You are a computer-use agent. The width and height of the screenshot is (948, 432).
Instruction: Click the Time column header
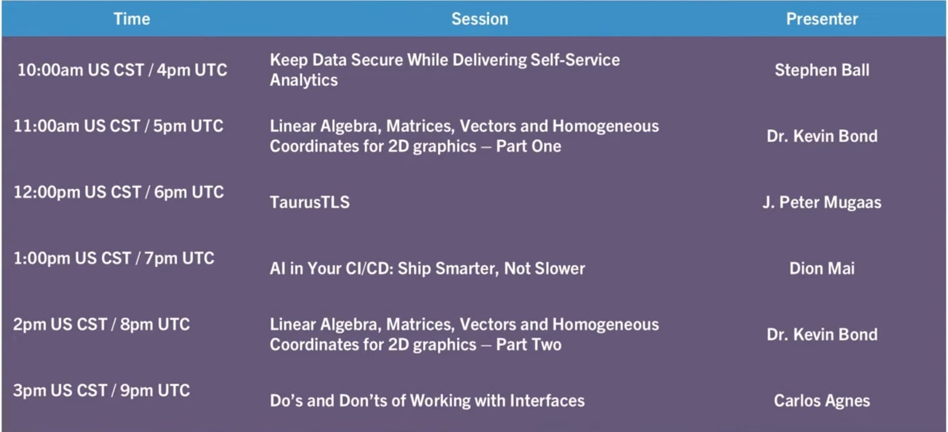point(132,19)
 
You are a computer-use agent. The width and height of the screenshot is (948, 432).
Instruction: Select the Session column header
point(479,19)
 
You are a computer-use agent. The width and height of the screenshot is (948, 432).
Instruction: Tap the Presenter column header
point(822,19)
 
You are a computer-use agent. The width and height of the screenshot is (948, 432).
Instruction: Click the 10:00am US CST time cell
point(122,70)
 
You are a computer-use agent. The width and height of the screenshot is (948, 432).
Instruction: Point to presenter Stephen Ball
point(822,70)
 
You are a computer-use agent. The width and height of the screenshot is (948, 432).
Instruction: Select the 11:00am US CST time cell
point(118,126)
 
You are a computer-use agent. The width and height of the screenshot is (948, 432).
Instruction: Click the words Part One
point(529,146)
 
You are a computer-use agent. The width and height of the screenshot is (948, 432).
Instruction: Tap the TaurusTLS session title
point(310,202)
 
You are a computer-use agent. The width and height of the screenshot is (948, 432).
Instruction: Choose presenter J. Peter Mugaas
point(822,202)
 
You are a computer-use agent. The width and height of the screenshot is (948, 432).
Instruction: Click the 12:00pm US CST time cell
point(118,192)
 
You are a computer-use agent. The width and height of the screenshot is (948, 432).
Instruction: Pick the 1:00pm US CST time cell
point(114,258)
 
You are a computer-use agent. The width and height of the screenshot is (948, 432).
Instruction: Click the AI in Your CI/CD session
point(428,268)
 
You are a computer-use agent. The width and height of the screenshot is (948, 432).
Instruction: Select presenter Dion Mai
point(822,268)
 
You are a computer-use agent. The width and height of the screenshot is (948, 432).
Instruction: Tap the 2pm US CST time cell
point(102,324)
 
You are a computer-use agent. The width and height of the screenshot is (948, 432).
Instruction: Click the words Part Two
point(529,345)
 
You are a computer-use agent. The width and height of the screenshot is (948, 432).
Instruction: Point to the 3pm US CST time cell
point(102,391)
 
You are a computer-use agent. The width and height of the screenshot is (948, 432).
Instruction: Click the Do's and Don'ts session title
point(427,400)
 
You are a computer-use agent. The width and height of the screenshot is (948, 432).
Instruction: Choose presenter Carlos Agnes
point(822,401)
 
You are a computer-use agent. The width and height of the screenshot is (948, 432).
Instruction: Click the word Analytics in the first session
point(304,80)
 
